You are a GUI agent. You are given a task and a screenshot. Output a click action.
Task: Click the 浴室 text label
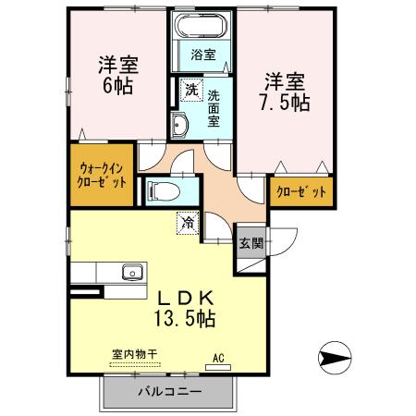pyautogui.click(x=203, y=55)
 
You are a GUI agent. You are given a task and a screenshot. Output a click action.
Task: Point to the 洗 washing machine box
pyautogui.click(x=191, y=90)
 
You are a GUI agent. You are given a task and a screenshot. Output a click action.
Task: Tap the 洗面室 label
pyautogui.click(x=214, y=108)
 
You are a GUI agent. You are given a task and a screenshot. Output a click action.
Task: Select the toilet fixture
pyautogui.click(x=163, y=191)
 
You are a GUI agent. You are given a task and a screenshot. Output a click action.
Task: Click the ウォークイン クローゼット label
pyautogui.click(x=102, y=173)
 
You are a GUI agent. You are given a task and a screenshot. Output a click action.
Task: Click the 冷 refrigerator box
pyautogui.click(x=188, y=222)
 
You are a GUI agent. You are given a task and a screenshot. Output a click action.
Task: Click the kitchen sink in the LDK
pyautogui.click(x=130, y=273)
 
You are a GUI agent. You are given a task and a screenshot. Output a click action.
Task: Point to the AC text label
pyautogui.click(x=219, y=355)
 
